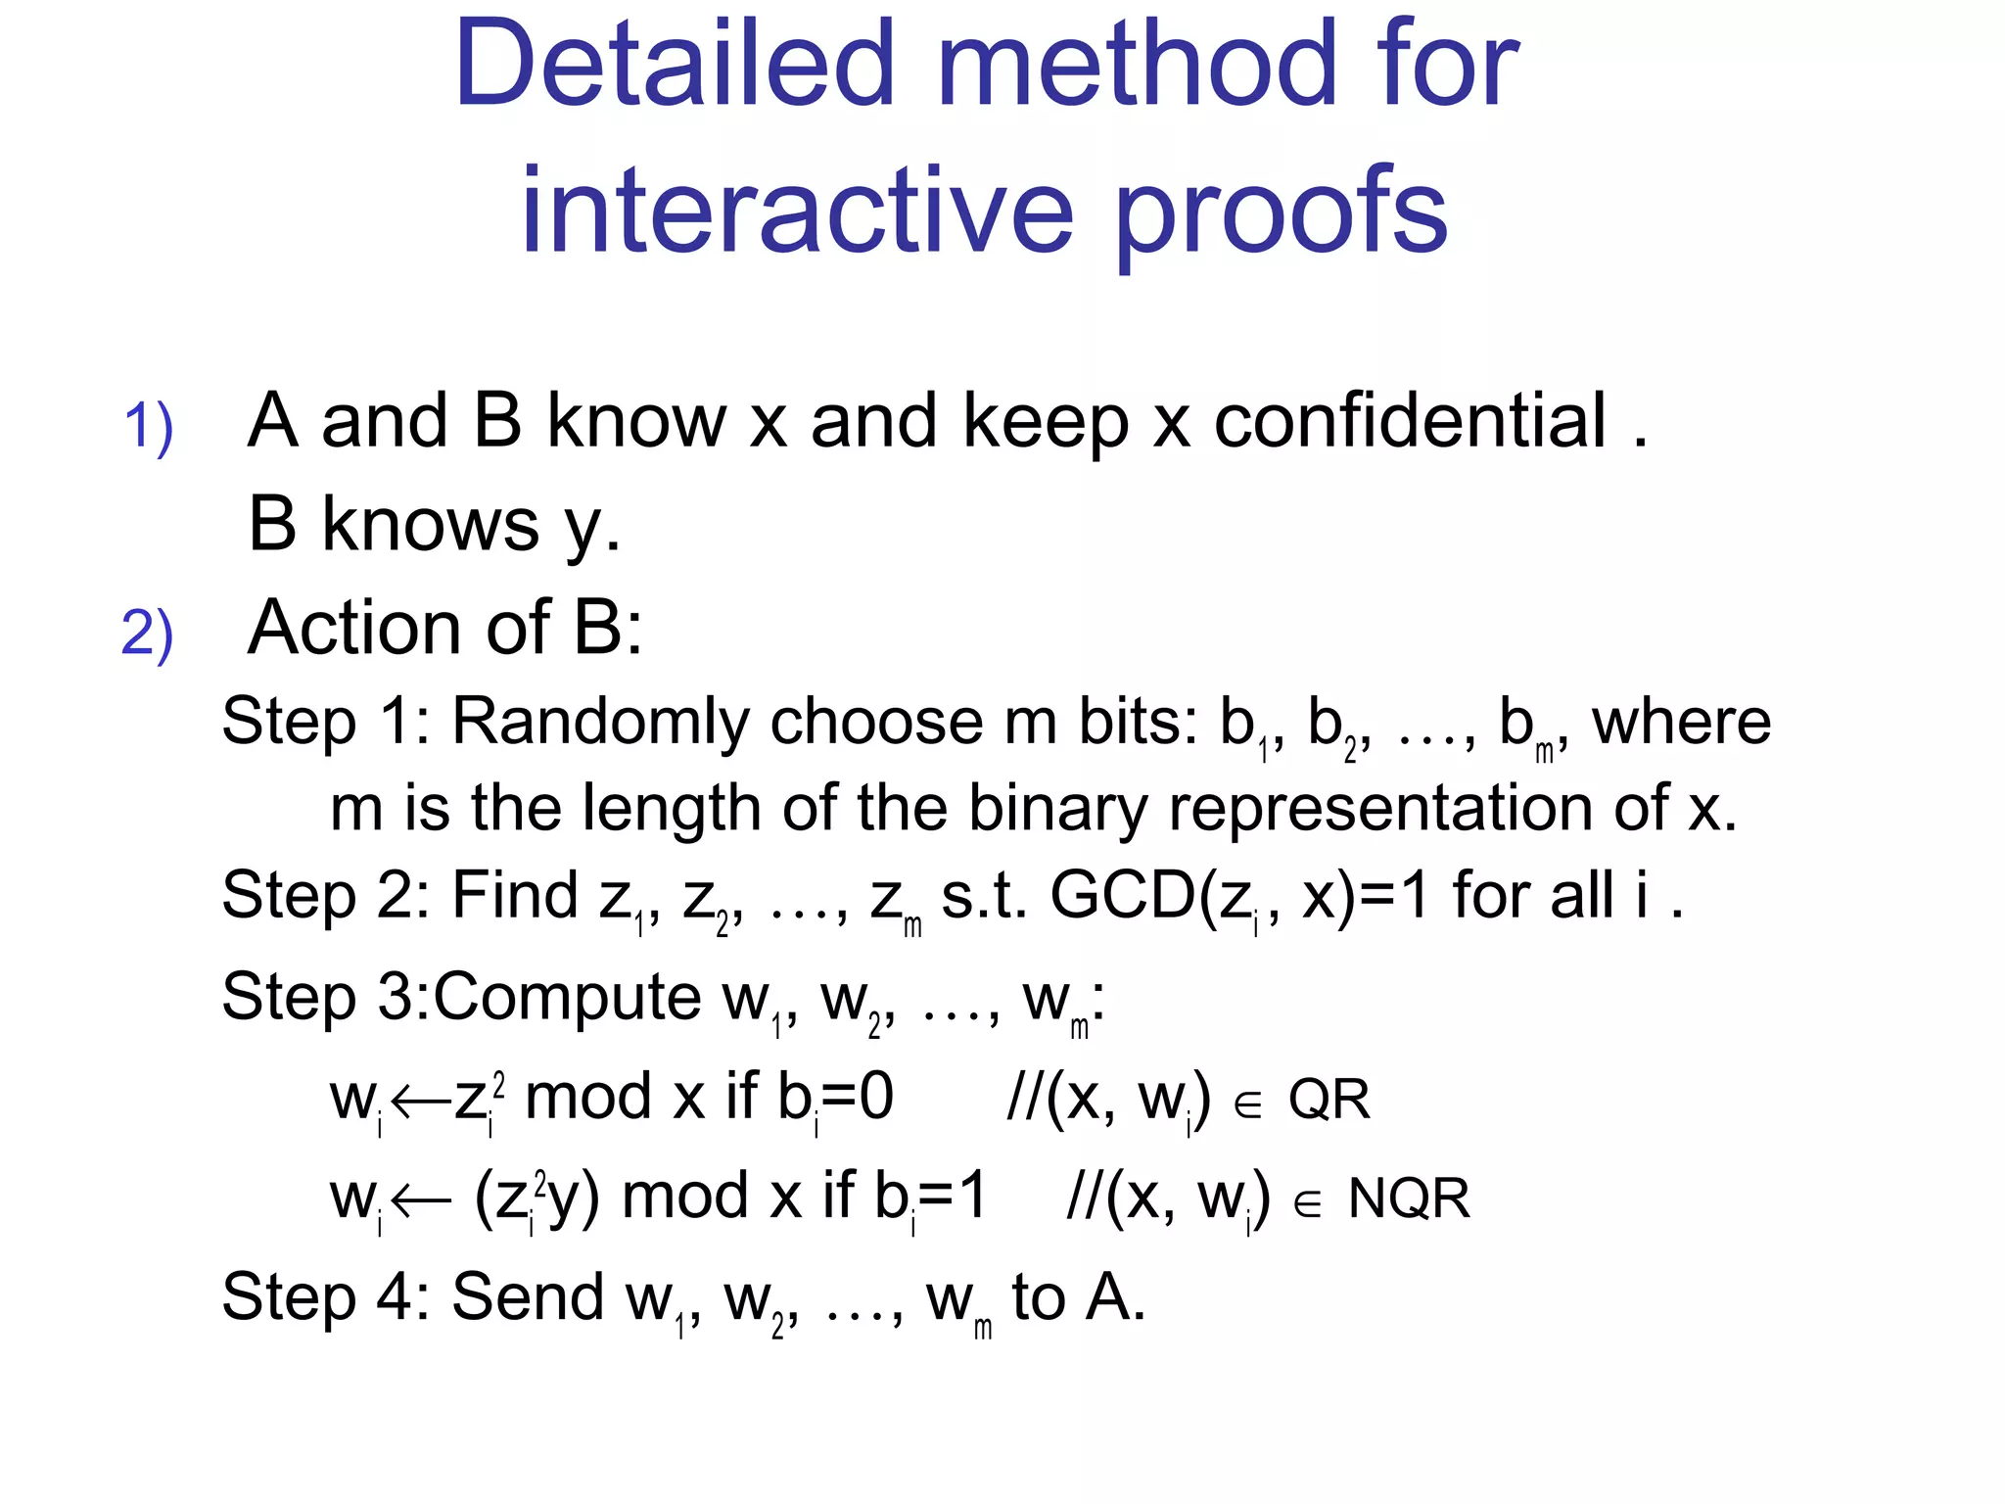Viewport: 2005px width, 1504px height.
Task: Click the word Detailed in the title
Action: pyautogui.click(x=674, y=67)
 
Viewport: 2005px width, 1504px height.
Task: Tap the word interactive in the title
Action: pyautogui.click(x=797, y=210)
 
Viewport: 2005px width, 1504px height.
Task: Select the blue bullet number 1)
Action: pyautogui.click(x=148, y=427)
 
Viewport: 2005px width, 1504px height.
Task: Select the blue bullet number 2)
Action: pyautogui.click(x=147, y=634)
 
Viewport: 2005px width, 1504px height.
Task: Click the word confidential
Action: pyautogui.click(x=1410, y=421)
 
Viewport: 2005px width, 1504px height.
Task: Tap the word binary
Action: pyautogui.click(x=1056, y=810)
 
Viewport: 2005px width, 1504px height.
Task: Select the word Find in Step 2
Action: pyautogui.click(x=515, y=895)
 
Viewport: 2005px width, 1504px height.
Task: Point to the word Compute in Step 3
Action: pyautogui.click(x=567, y=998)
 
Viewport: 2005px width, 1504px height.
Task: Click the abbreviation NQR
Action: pyautogui.click(x=1409, y=1198)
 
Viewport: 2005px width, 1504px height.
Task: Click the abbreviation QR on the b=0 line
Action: pyautogui.click(x=1329, y=1100)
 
